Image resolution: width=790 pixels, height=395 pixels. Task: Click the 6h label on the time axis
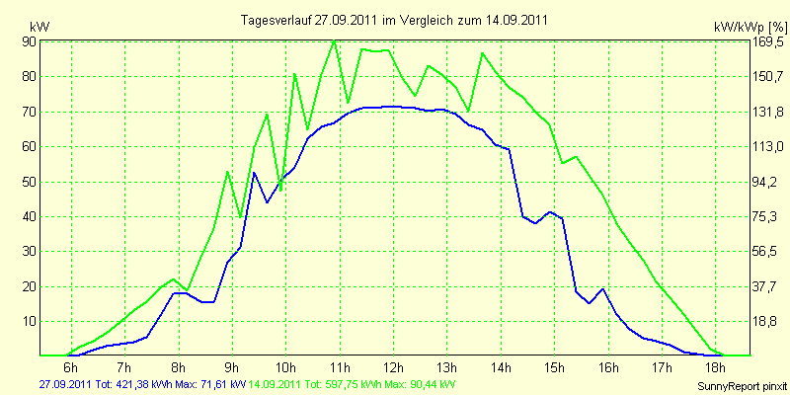[x=71, y=366]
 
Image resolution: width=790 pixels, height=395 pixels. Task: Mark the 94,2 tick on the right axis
[x=765, y=182]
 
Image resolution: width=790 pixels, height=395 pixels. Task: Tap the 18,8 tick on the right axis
[x=765, y=322]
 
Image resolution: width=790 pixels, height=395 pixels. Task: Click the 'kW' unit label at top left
[x=39, y=27]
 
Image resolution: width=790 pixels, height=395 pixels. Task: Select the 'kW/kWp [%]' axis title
[x=750, y=27]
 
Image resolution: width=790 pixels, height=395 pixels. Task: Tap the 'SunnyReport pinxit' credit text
[x=742, y=386]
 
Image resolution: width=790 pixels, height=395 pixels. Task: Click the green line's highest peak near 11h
[x=334, y=40]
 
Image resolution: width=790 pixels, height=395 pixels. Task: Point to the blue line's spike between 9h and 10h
[x=254, y=173]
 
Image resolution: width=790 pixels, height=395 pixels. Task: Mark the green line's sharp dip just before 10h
[x=280, y=191]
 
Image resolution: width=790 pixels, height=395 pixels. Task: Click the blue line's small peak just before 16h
[x=602, y=289]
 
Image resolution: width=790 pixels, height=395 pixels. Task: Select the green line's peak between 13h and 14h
[x=482, y=53]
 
